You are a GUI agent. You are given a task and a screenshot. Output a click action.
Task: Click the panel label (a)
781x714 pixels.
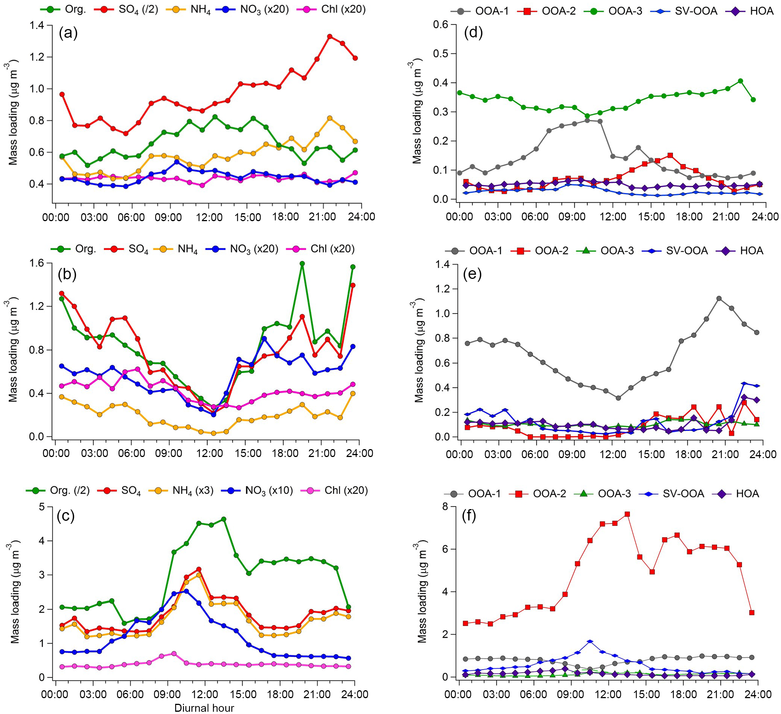click(68, 34)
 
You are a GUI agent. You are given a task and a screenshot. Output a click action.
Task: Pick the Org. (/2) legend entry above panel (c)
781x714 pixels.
click(58, 491)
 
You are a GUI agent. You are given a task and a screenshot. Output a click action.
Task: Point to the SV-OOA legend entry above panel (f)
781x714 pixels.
click(673, 494)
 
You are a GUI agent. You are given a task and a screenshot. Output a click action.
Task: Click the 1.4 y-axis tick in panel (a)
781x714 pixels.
click(39, 26)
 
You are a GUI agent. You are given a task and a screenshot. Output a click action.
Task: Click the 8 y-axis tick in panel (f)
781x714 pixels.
click(445, 506)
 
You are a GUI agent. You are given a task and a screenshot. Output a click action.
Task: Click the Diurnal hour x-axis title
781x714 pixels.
click(204, 708)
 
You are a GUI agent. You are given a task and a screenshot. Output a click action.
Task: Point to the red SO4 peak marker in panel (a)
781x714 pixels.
click(330, 37)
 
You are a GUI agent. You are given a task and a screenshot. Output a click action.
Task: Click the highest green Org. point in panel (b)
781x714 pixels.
click(302, 264)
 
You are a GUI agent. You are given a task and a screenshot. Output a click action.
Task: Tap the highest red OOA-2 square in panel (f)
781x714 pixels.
click(627, 514)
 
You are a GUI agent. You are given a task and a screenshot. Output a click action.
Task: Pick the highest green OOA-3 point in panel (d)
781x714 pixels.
click(740, 81)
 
